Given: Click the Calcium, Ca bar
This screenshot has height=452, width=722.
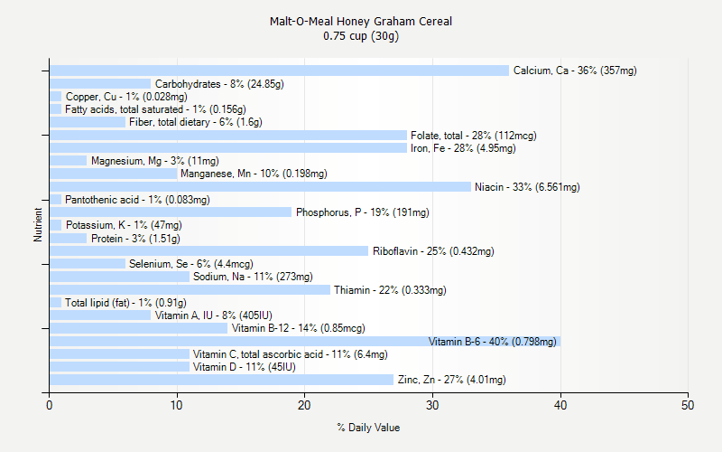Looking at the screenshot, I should [x=279, y=71].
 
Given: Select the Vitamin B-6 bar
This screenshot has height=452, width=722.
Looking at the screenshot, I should [x=304, y=342].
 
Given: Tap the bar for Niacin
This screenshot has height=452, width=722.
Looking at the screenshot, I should [x=260, y=187].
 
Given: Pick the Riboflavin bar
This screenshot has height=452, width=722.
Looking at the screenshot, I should [x=208, y=251].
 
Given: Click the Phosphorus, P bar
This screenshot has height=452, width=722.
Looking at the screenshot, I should [x=171, y=212].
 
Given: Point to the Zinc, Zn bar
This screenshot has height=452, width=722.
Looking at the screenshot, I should [x=221, y=380].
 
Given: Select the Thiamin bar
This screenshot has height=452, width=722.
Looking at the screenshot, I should [x=190, y=290].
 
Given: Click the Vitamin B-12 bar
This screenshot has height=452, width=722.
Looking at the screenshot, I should [x=138, y=328].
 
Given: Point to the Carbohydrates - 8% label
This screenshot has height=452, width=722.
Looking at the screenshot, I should [x=219, y=84].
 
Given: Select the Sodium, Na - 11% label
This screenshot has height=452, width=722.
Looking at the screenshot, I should [x=253, y=277].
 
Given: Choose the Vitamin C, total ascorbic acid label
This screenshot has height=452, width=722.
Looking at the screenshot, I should [x=290, y=354].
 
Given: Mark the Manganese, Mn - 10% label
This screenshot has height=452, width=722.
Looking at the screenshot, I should [x=254, y=174].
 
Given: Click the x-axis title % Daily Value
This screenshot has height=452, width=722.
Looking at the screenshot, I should [x=368, y=428].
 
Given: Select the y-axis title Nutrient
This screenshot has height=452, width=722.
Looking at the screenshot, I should [x=38, y=224].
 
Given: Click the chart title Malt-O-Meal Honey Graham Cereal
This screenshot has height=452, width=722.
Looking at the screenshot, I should [x=361, y=21].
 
